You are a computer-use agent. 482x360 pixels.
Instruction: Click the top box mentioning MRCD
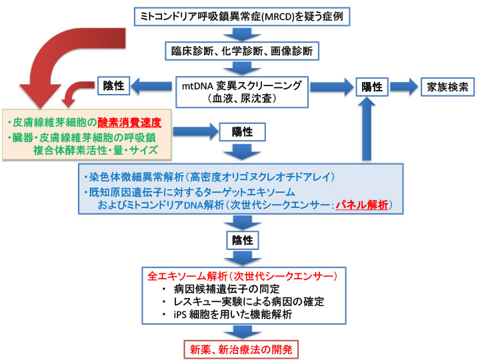tap(240, 15)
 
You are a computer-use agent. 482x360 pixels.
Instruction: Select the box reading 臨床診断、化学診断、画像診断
tap(240, 49)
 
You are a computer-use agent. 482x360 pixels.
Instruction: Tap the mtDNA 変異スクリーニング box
tap(240, 91)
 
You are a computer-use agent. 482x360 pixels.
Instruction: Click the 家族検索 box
tap(446, 87)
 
